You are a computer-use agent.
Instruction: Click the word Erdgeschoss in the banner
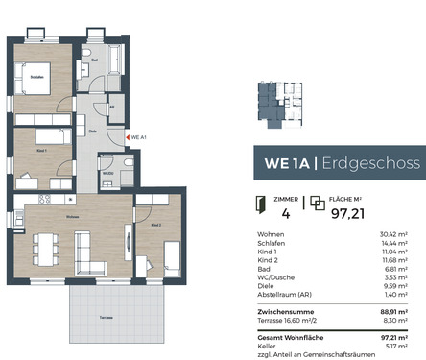[x=367, y=163]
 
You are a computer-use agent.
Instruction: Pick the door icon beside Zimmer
[x=260, y=203]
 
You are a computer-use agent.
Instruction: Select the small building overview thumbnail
[x=281, y=105]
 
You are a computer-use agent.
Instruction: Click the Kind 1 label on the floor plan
[x=39, y=151]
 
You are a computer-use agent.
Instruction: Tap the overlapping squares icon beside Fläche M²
[x=318, y=203]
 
